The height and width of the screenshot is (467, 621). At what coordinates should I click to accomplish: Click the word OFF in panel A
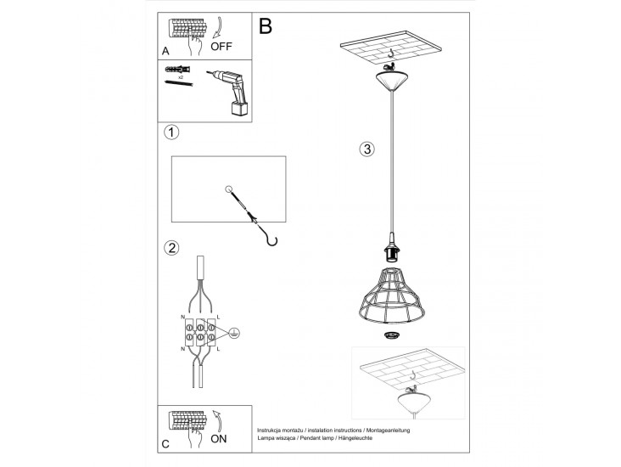pos(221,47)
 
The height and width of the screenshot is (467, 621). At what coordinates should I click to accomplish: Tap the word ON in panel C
pos(219,439)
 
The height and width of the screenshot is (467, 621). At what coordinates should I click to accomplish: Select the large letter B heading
pos(266,26)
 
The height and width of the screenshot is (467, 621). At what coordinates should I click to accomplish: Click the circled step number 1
pos(171,132)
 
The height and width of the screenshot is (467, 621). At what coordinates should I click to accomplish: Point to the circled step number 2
pos(171,248)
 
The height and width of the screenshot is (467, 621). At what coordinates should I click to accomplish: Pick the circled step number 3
pos(367,149)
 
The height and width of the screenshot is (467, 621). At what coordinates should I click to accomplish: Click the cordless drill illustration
pos(231,93)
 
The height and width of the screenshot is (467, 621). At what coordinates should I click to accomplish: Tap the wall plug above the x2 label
pos(177,70)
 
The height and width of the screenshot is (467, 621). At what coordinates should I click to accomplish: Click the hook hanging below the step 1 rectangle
pos(271,239)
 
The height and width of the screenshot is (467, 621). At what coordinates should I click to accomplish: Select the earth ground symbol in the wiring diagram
pos(234,334)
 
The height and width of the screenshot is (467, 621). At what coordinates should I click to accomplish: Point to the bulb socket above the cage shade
pos(391,249)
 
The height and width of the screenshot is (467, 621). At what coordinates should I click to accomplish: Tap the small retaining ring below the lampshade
pos(391,335)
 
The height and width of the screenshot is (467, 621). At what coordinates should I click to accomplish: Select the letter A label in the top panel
pos(165,51)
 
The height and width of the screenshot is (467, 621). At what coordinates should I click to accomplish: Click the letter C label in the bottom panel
pos(165,444)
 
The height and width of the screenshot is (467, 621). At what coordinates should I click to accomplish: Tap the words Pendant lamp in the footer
pos(316,438)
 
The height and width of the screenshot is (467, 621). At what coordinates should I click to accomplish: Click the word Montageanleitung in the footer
pos(389,430)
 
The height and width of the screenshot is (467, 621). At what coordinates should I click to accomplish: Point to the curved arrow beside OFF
pos(218,28)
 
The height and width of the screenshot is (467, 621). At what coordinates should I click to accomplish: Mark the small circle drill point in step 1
pos(228,189)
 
